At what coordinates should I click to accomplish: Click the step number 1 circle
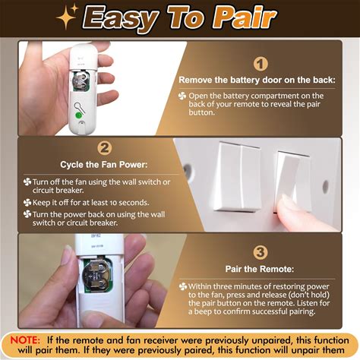click(x=261, y=64)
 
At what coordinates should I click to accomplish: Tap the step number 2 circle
click(x=104, y=148)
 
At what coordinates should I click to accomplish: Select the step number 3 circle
click(x=261, y=252)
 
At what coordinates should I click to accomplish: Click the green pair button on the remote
click(x=79, y=115)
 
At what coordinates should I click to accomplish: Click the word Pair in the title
click(x=245, y=17)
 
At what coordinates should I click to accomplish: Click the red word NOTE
click(x=25, y=340)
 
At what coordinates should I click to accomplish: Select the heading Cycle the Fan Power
click(x=104, y=165)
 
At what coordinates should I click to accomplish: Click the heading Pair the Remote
click(x=260, y=269)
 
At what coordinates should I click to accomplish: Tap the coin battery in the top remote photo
click(x=81, y=80)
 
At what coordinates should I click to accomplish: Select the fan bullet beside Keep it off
click(x=27, y=203)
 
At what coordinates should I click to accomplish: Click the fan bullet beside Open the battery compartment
click(x=182, y=96)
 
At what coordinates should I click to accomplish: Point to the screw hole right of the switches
click(x=326, y=187)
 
